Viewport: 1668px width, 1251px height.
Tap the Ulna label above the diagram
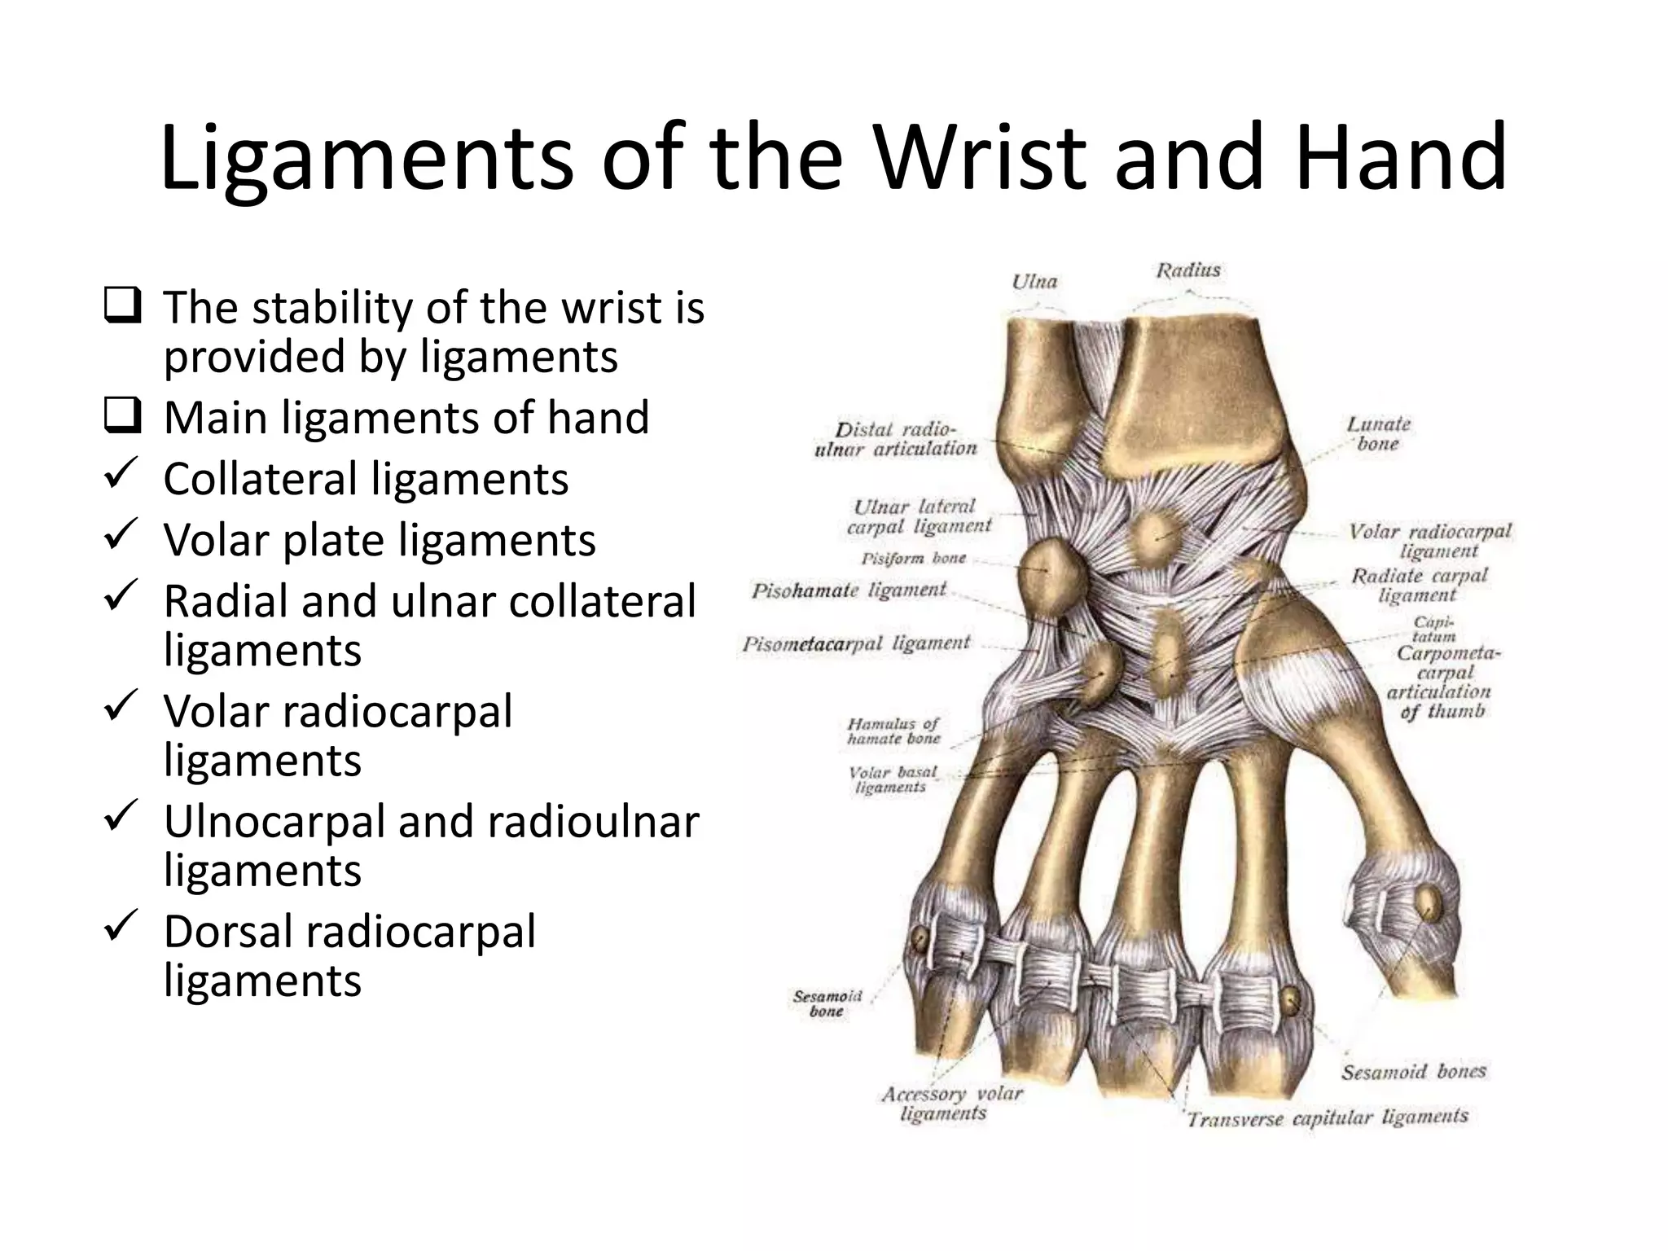click(x=1034, y=282)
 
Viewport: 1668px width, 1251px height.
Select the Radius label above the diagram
click(x=1188, y=270)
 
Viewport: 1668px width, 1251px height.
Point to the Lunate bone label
click(x=1378, y=433)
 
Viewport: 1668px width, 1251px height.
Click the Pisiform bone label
click(x=913, y=559)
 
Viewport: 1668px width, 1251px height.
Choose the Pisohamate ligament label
click(x=849, y=590)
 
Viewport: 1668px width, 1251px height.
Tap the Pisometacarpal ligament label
click(x=856, y=644)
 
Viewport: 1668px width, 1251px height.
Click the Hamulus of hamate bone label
click(x=893, y=731)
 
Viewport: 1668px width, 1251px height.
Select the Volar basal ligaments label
click(x=892, y=779)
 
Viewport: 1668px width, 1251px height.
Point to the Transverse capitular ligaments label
click(x=1327, y=1118)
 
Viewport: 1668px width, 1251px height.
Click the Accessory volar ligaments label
click(x=951, y=1103)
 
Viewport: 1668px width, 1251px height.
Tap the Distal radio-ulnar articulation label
click(x=895, y=439)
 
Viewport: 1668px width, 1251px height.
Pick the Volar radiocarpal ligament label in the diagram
click(x=1429, y=541)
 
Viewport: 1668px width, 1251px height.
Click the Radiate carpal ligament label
click(x=1419, y=585)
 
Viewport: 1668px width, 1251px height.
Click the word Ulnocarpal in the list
click(x=274, y=821)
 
